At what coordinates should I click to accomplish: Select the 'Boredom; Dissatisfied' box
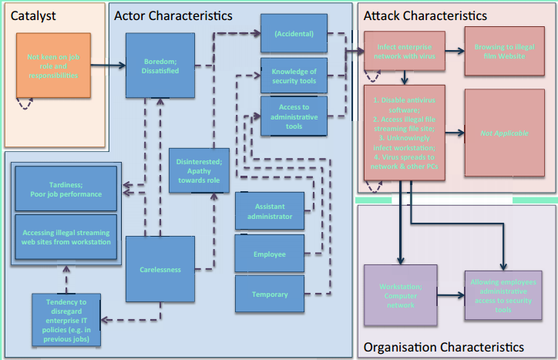pyautogui.click(x=160, y=66)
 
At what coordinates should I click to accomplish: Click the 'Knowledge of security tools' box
pyautogui.click(x=294, y=76)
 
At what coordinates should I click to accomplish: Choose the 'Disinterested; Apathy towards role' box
pyautogui.click(x=198, y=170)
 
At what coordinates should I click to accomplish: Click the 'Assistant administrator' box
pyautogui.click(x=269, y=211)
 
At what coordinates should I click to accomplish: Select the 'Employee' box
pyautogui.click(x=269, y=254)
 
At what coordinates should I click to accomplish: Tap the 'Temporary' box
pyautogui.click(x=269, y=294)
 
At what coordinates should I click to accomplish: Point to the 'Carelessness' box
pyautogui.click(x=160, y=269)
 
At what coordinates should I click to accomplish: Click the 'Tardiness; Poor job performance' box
pyautogui.click(x=66, y=188)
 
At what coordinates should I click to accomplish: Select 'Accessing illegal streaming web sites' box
pyautogui.click(x=66, y=237)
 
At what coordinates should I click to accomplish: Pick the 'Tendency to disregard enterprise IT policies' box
pyautogui.click(x=66, y=318)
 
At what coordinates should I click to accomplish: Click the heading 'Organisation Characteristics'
pyautogui.click(x=442, y=348)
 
